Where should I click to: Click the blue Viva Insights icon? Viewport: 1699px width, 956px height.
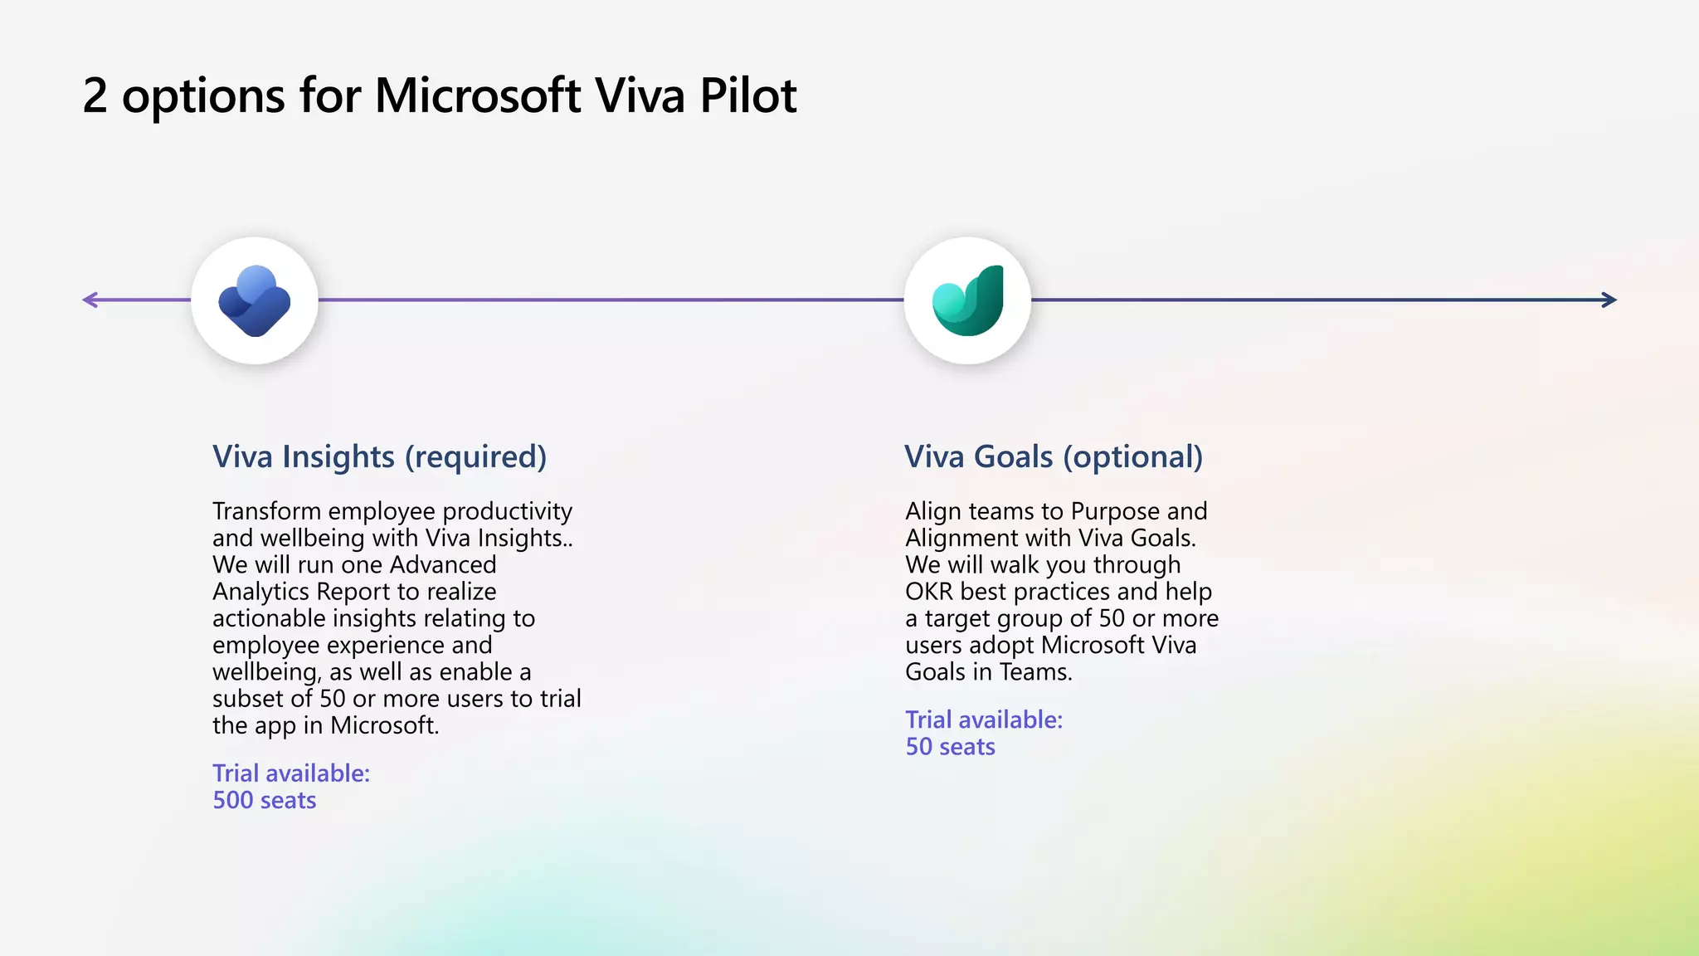pos(255,300)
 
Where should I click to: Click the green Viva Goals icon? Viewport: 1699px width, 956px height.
pos(967,300)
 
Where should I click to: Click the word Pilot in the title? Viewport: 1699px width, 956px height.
pos(747,95)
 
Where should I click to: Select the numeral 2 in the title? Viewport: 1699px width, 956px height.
pos(95,95)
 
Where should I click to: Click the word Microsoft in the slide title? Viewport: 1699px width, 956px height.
pos(477,95)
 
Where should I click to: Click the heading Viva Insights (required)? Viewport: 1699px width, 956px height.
pos(379,456)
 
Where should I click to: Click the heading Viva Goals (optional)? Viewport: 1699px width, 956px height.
pos(1053,456)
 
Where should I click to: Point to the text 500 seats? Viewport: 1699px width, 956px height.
pos(264,800)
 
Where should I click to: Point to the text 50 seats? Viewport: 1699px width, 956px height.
pos(950,746)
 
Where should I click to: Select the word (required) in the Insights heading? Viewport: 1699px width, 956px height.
pos(475,456)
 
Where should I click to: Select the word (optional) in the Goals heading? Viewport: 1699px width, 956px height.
pos(1132,456)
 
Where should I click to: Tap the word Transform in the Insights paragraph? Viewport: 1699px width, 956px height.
pos(266,511)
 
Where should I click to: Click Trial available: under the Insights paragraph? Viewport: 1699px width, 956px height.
pos(290,773)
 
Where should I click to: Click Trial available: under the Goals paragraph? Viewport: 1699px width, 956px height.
pos(983,719)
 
